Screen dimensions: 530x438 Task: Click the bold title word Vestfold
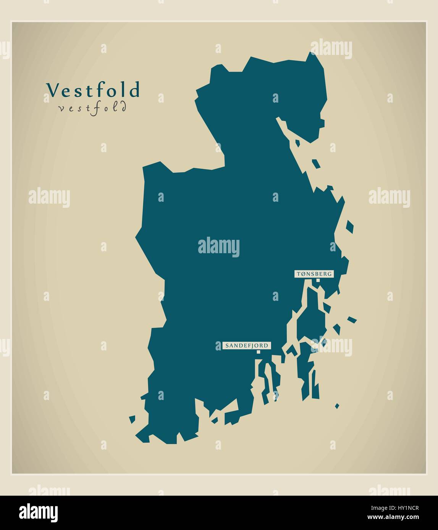coord(93,90)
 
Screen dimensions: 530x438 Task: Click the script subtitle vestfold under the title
coord(92,108)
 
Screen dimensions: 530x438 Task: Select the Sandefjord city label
coord(247,345)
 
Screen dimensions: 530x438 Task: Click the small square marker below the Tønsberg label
coord(318,280)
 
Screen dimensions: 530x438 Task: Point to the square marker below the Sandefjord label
coord(259,352)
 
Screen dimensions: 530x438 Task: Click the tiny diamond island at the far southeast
coord(337,406)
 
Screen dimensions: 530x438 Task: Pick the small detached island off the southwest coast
coord(132,419)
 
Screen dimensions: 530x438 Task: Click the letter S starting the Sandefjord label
coord(227,345)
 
